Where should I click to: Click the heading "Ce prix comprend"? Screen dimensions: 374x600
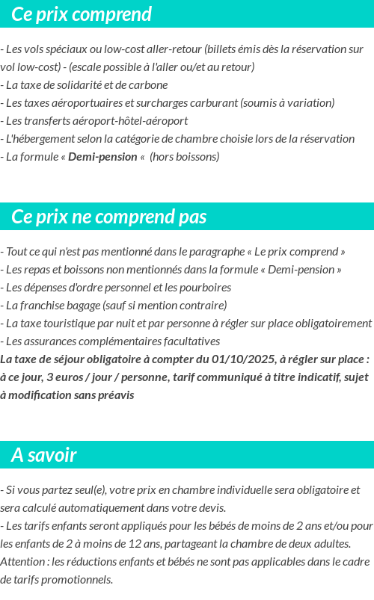point(82,14)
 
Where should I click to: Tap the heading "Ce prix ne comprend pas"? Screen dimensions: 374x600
point(109,217)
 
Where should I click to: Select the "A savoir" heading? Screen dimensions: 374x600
point(44,455)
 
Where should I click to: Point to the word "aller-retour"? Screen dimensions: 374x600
point(174,49)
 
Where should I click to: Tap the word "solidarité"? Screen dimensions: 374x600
point(89,85)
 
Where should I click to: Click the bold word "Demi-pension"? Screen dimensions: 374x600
point(103,157)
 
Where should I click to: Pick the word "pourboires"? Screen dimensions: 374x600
point(206,288)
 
